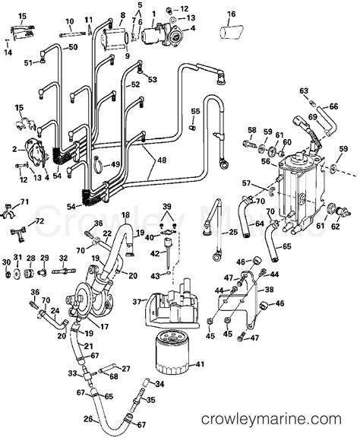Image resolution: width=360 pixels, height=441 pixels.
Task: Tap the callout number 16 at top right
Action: tap(232, 14)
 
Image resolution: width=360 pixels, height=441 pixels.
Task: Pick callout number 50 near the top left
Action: tap(73, 47)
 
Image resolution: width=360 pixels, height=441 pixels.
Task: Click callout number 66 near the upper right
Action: tap(333, 107)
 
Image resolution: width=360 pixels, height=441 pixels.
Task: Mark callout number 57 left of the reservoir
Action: tap(246, 183)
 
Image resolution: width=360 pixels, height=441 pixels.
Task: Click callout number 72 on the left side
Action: tap(39, 220)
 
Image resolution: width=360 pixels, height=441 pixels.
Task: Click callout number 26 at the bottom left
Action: tap(88, 418)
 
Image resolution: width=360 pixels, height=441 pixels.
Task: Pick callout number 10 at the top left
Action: tap(69, 21)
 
